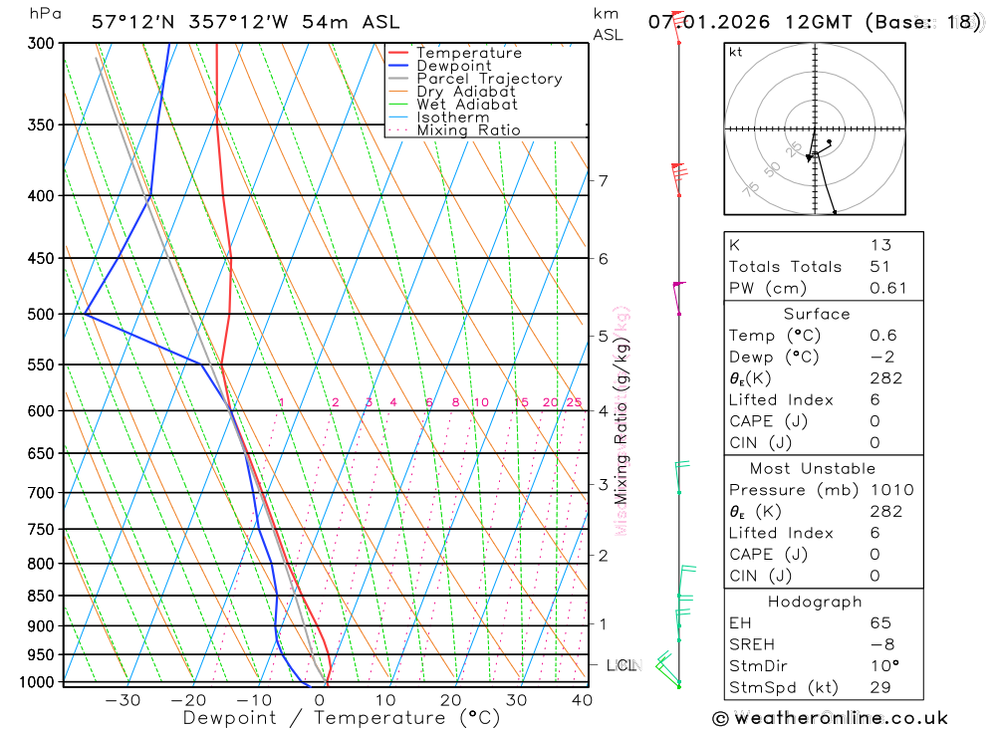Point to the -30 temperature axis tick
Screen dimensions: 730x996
124,700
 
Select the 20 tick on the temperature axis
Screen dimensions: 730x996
451,700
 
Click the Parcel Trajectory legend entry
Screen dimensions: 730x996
489,79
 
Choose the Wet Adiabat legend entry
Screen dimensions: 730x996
467,105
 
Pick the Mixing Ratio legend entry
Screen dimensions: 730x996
468,130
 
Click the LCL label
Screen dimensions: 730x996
621,665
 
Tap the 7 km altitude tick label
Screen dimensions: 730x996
604,181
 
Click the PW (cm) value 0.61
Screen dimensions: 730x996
888,289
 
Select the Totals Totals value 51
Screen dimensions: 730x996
880,267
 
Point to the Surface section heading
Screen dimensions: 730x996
816,314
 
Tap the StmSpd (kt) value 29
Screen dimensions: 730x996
880,687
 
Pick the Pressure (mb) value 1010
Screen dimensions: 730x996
890,490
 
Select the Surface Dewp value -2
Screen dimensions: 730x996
878,358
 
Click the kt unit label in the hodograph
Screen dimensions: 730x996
736,53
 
